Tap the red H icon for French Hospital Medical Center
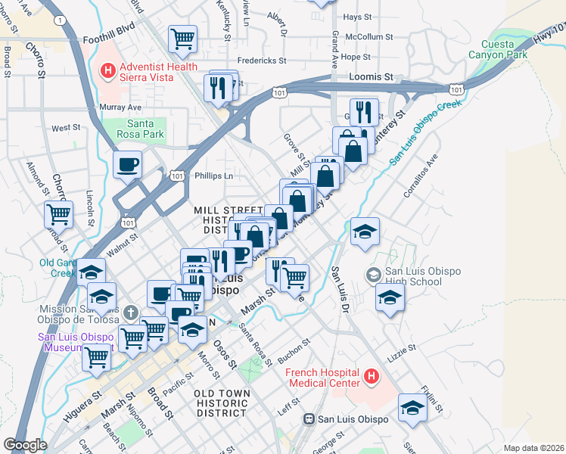coord(371,375)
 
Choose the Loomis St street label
coord(372,77)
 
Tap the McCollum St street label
coord(369,36)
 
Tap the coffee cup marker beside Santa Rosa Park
coord(127,163)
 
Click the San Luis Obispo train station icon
coord(309,419)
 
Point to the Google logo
coord(25,445)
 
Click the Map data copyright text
coord(533,448)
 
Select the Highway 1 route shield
coord(59,20)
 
